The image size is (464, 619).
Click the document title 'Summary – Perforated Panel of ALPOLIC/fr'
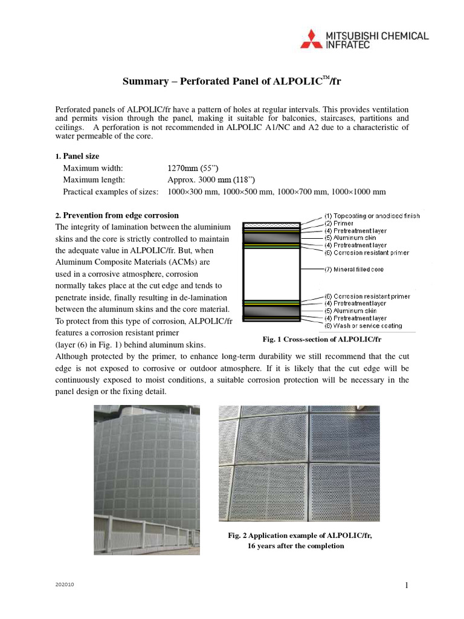[x=232, y=80]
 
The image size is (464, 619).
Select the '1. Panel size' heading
[x=77, y=156]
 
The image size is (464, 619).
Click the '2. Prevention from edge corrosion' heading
[x=117, y=215]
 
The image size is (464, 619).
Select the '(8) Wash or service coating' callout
[x=363, y=325]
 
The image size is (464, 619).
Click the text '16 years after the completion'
[x=296, y=546]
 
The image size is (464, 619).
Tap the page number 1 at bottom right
[x=407, y=585]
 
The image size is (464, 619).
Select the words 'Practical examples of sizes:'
[x=111, y=192]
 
